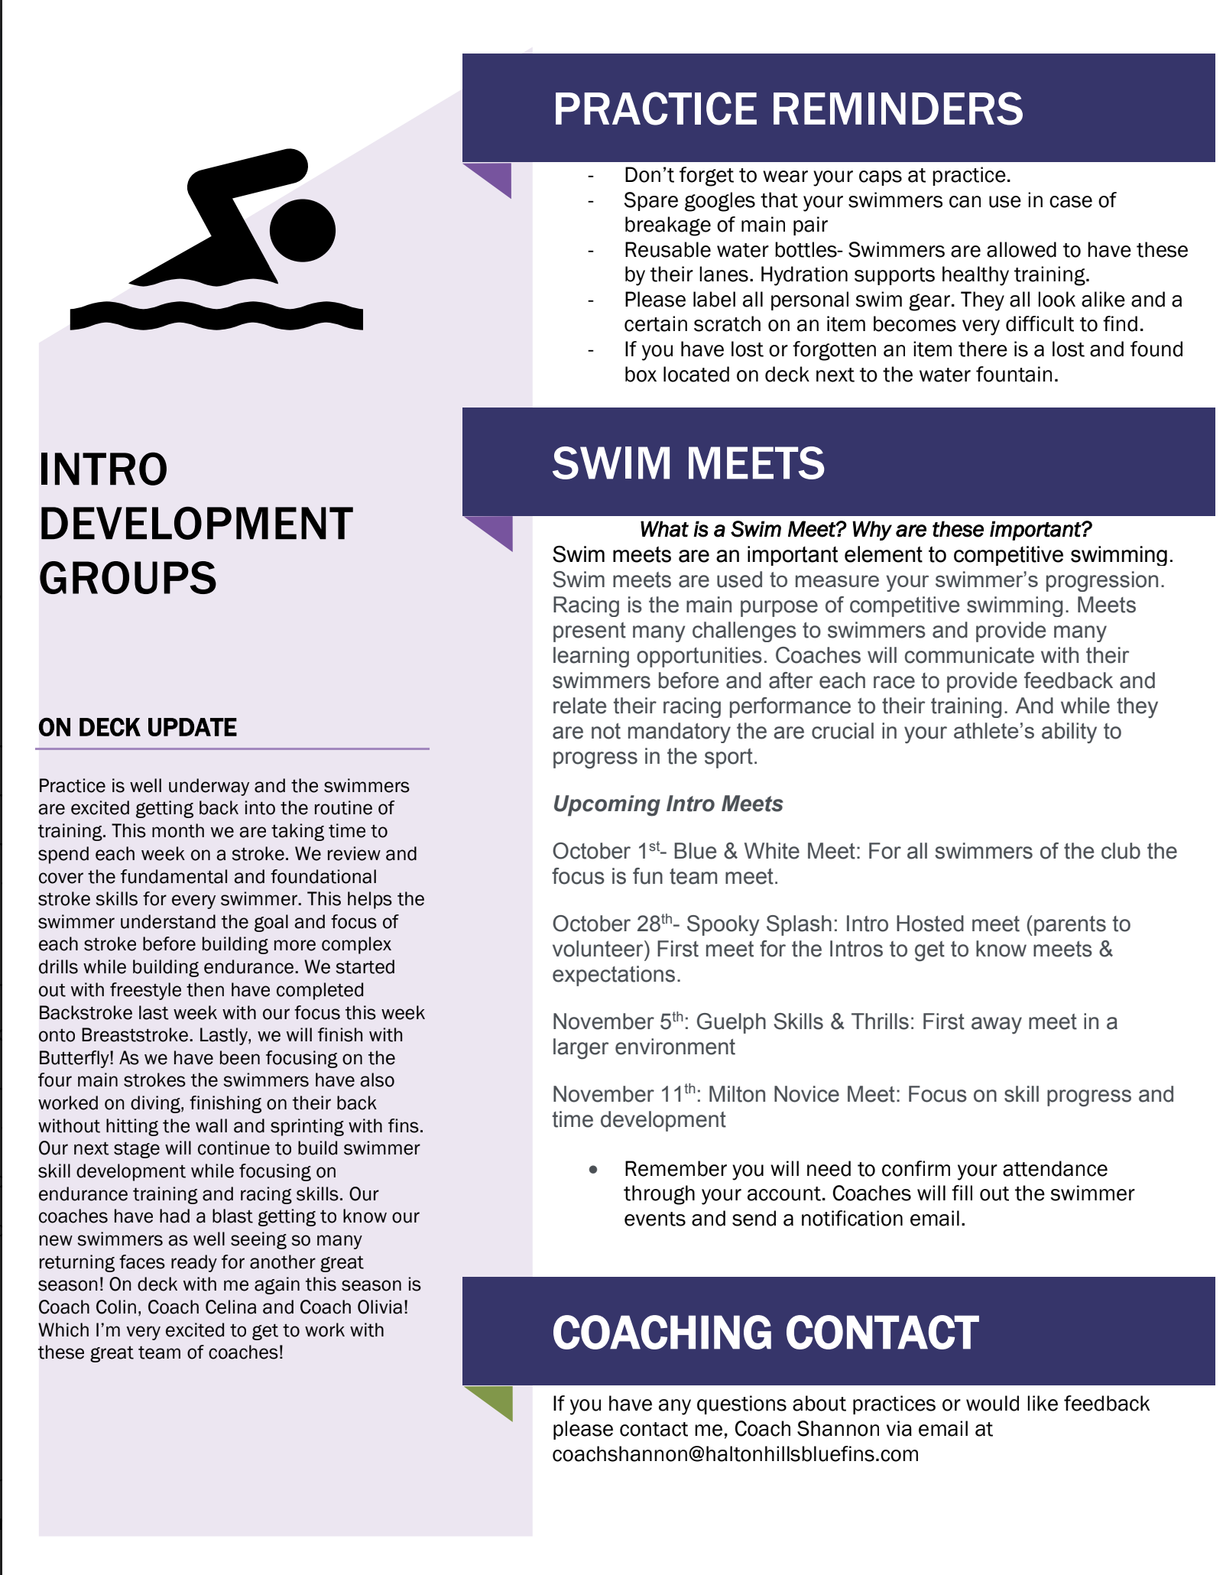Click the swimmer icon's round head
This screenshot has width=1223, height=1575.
coord(303,230)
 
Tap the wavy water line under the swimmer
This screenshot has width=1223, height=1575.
coord(216,316)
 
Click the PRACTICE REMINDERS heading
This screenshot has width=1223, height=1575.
coord(787,109)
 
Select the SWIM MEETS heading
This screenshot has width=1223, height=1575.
coord(688,463)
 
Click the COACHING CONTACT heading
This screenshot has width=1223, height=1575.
coord(765,1333)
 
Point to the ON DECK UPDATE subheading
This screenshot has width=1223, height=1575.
coord(138,727)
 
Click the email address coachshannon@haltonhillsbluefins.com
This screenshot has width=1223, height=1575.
coord(735,1453)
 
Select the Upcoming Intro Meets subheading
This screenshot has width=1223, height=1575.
coord(667,804)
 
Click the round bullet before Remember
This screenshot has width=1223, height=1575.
coord(593,1169)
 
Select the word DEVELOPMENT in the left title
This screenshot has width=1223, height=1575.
coord(196,524)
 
